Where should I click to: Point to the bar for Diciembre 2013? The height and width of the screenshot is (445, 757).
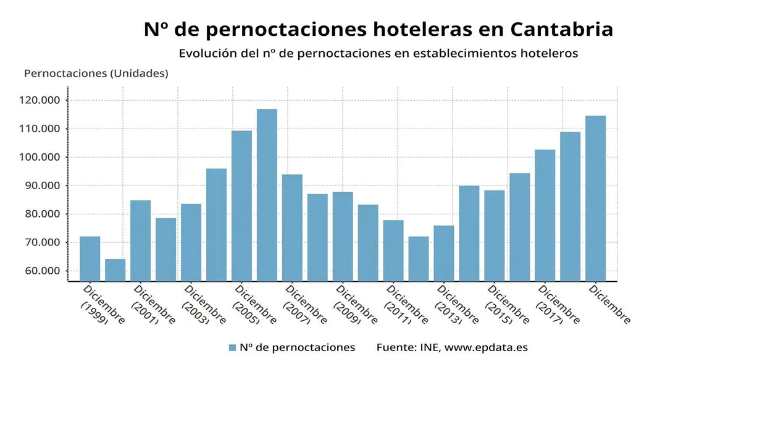(x=444, y=253)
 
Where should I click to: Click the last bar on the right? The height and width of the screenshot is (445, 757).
(x=596, y=198)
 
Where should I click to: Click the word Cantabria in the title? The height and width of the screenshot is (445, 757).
(x=562, y=29)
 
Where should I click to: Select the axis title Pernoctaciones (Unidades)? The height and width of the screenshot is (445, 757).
(x=96, y=73)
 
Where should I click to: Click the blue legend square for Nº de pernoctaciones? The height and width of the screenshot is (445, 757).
(x=232, y=347)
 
